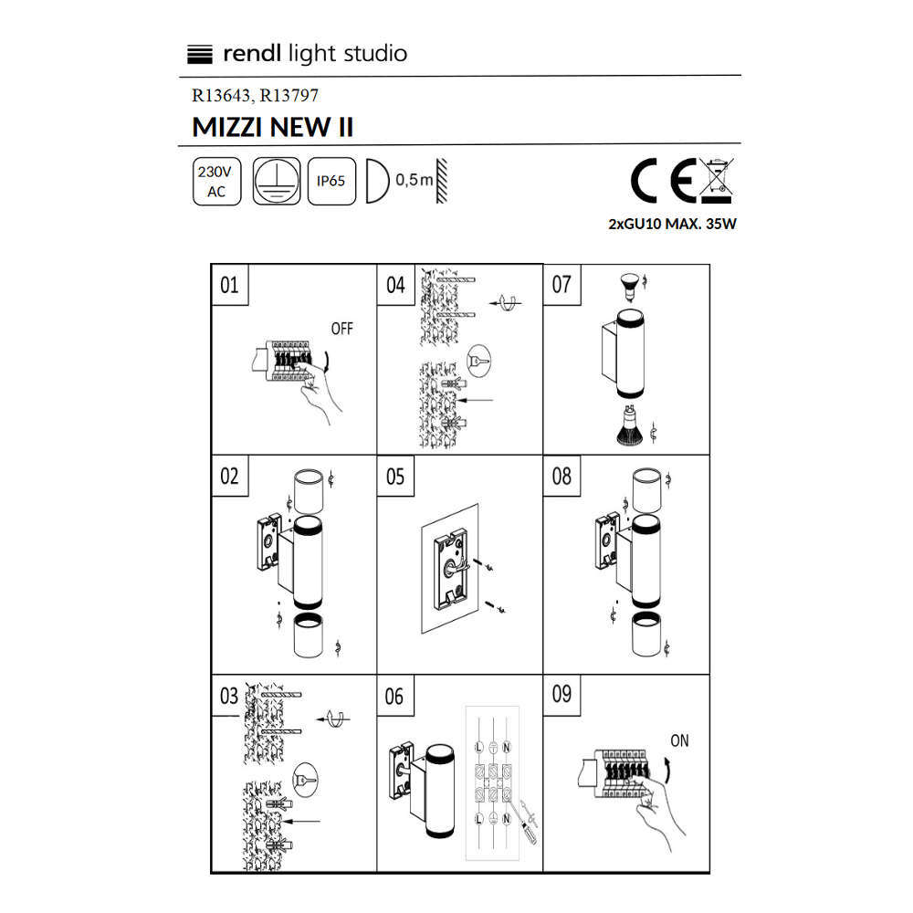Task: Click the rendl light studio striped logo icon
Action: coord(200,54)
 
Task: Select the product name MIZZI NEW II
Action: coord(272,128)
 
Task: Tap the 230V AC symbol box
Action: coord(216,181)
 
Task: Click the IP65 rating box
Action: coord(331,181)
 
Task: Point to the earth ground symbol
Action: coord(277,181)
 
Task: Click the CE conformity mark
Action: coord(663,181)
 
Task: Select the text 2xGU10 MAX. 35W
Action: coord(673,224)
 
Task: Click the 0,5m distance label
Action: coord(414,180)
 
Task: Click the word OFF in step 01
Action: coord(341,329)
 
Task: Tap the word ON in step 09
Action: coord(679,740)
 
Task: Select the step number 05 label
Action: coord(395,477)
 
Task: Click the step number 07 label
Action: coord(561,284)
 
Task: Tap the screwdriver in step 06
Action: coord(527,822)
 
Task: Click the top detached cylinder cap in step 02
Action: coord(309,490)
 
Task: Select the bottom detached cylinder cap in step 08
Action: coord(646,634)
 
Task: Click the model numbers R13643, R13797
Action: coord(255,96)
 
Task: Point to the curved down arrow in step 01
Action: coord(327,361)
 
